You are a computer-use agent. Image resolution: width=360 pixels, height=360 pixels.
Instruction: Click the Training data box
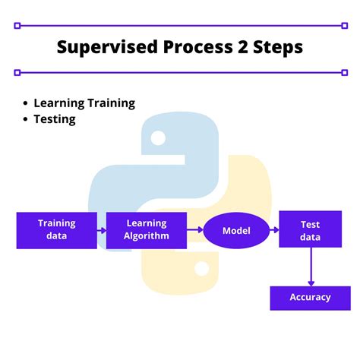coord(57,230)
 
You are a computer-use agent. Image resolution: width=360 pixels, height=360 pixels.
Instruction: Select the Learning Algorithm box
coord(147,230)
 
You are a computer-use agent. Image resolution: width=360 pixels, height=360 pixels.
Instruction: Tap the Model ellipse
coord(236,230)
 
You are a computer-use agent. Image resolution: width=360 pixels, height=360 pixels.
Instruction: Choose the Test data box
coord(310,230)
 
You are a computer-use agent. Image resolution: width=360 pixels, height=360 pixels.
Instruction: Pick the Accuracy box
coord(310,297)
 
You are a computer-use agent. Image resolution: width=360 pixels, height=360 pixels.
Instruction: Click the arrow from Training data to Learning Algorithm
coord(102,230)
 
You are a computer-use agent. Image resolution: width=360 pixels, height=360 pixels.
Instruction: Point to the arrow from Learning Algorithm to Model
coord(195,230)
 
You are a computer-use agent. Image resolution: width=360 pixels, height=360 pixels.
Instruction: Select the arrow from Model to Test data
coord(274,230)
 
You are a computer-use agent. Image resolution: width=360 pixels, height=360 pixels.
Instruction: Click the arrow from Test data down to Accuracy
coord(310,266)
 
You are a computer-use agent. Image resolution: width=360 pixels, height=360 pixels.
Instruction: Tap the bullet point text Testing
coord(55,119)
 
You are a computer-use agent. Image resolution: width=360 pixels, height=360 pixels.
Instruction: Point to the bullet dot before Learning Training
coord(27,103)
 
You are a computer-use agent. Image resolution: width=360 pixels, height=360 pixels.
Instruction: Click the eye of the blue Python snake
coord(158,138)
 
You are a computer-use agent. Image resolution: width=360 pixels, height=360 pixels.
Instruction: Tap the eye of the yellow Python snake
coord(202,268)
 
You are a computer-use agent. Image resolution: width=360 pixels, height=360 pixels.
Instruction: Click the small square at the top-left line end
coord(17,25)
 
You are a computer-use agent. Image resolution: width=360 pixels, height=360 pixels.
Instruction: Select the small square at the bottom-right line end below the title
coord(343,73)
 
